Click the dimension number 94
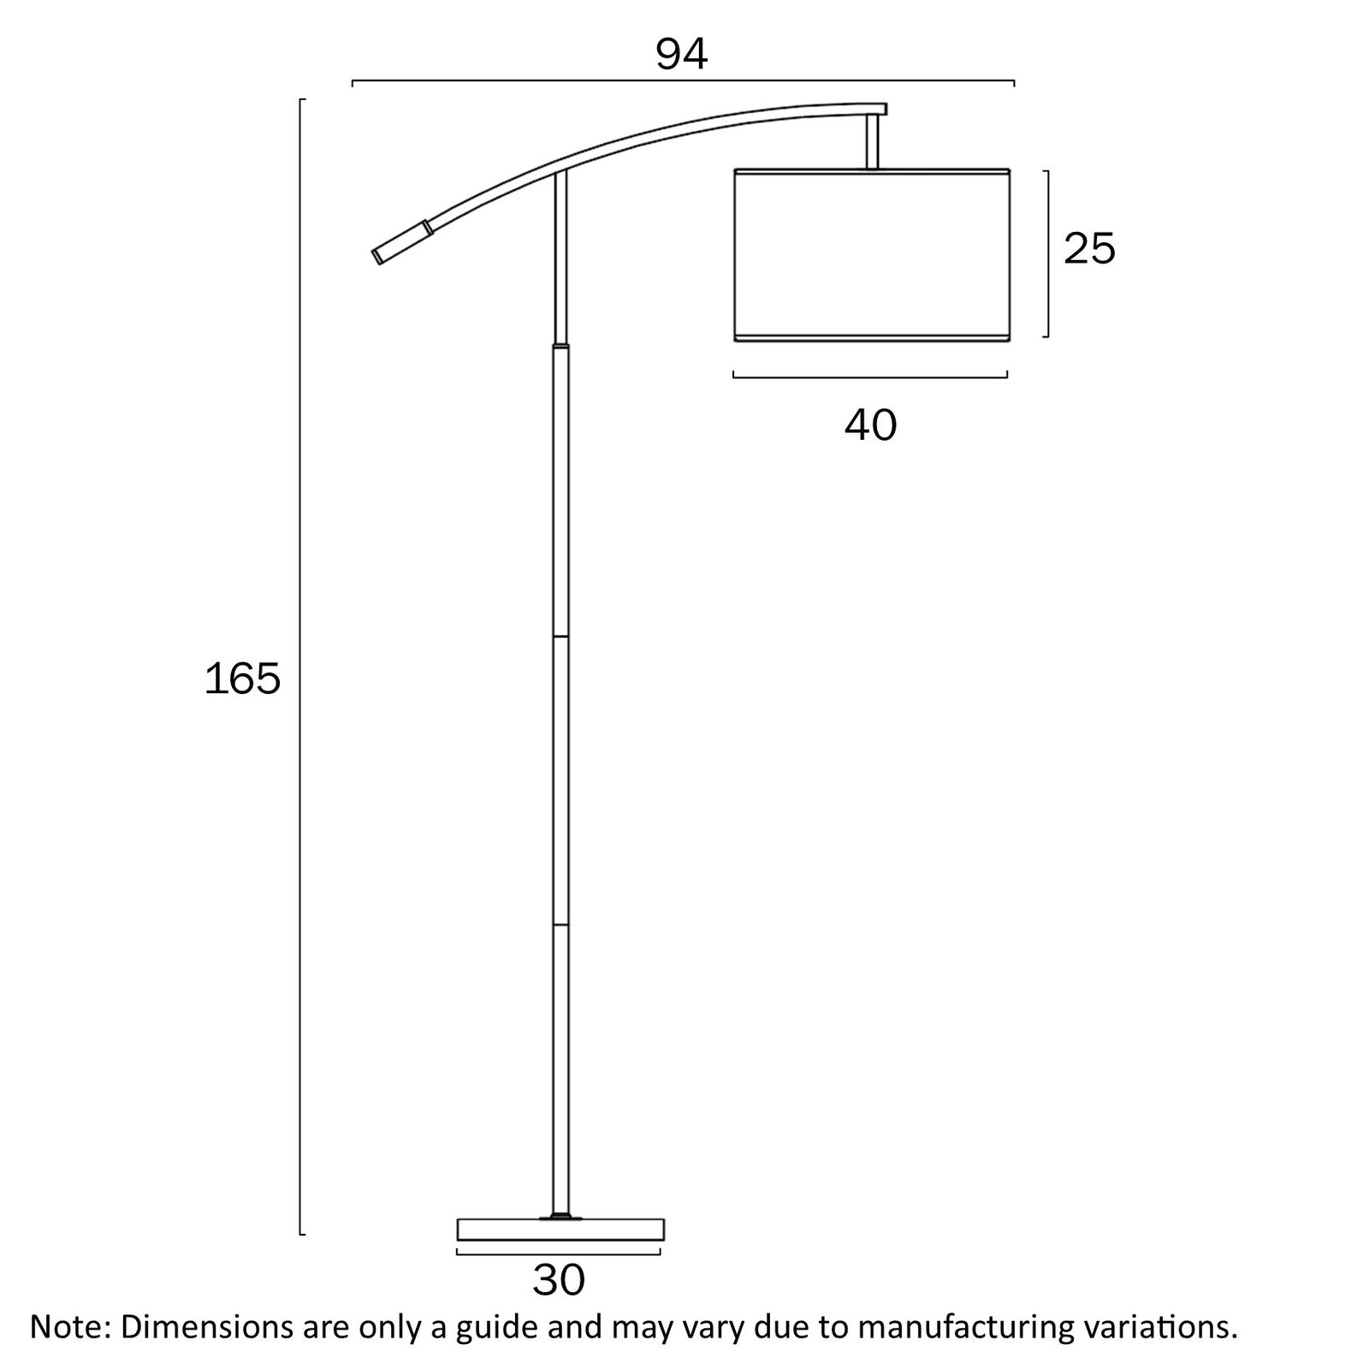[x=682, y=55]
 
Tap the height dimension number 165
[x=242, y=679]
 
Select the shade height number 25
[x=1089, y=249]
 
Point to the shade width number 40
[x=870, y=425]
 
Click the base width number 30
[x=559, y=1281]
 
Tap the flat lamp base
[x=560, y=1230]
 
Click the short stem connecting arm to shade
[x=873, y=141]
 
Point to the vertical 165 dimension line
[x=301, y=667]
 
